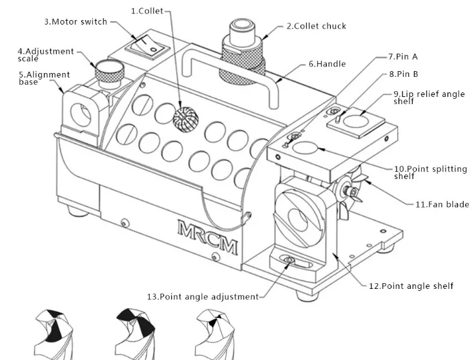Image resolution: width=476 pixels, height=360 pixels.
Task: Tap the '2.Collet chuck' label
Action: click(316, 26)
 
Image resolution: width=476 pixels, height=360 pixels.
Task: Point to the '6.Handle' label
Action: click(327, 64)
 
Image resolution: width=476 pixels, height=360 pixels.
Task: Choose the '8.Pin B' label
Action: click(404, 74)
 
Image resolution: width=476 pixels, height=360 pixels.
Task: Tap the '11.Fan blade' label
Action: click(442, 204)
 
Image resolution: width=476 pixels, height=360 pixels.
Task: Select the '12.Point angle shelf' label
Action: click(411, 286)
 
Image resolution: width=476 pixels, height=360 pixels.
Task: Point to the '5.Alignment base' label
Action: click(45, 78)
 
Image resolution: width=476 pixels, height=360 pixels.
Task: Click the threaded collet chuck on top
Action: click(242, 52)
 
